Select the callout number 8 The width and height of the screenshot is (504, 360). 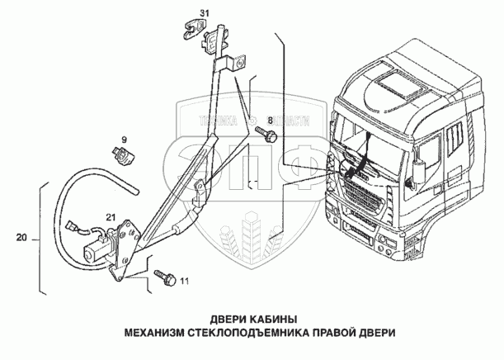pos(268,120)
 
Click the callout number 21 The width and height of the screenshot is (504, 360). pos(110,218)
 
